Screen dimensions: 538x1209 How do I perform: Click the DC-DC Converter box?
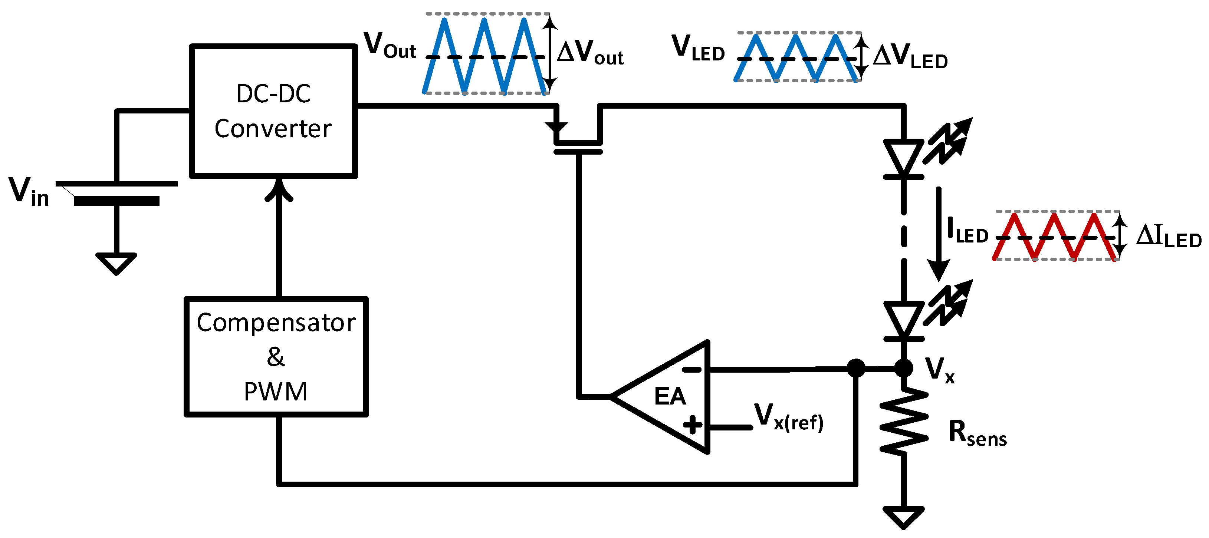click(273, 111)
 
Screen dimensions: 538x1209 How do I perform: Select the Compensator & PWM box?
click(276, 356)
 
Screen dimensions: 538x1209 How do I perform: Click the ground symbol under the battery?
click(116, 263)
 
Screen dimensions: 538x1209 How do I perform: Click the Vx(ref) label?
click(788, 416)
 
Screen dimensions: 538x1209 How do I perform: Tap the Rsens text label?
click(977, 432)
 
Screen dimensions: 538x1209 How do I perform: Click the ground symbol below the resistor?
click(903, 516)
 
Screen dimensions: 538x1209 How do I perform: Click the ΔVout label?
click(590, 53)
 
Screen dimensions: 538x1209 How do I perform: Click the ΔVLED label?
click(910, 57)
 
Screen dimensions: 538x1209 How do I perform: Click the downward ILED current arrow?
click(939, 235)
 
